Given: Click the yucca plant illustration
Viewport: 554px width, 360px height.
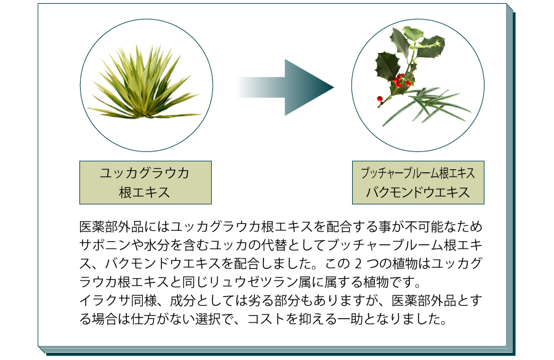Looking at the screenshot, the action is pyautogui.click(x=145, y=82).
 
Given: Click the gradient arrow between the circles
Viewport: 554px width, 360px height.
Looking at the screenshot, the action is pyautogui.click(x=285, y=87).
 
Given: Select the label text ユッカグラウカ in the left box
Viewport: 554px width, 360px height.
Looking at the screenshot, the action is pyautogui.click(x=145, y=173).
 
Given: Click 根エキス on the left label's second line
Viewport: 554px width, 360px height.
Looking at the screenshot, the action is pyautogui.click(x=145, y=193).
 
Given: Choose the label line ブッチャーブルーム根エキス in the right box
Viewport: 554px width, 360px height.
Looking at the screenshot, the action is pyautogui.click(x=417, y=173).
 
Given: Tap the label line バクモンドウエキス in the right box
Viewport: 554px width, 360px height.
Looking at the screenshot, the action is pyautogui.click(x=417, y=193).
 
